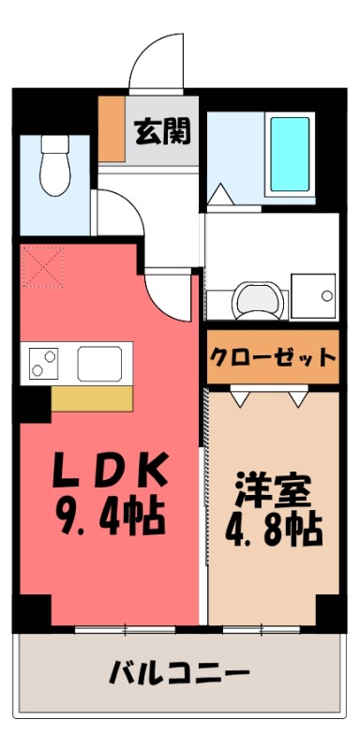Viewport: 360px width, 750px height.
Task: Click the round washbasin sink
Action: (x=254, y=298)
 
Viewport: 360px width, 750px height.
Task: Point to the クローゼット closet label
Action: (x=272, y=357)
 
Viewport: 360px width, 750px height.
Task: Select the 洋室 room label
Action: (x=272, y=490)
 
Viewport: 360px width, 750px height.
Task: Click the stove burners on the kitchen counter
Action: (x=41, y=360)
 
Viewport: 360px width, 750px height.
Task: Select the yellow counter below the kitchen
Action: (x=92, y=397)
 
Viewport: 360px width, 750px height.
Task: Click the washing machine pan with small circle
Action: (x=313, y=295)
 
